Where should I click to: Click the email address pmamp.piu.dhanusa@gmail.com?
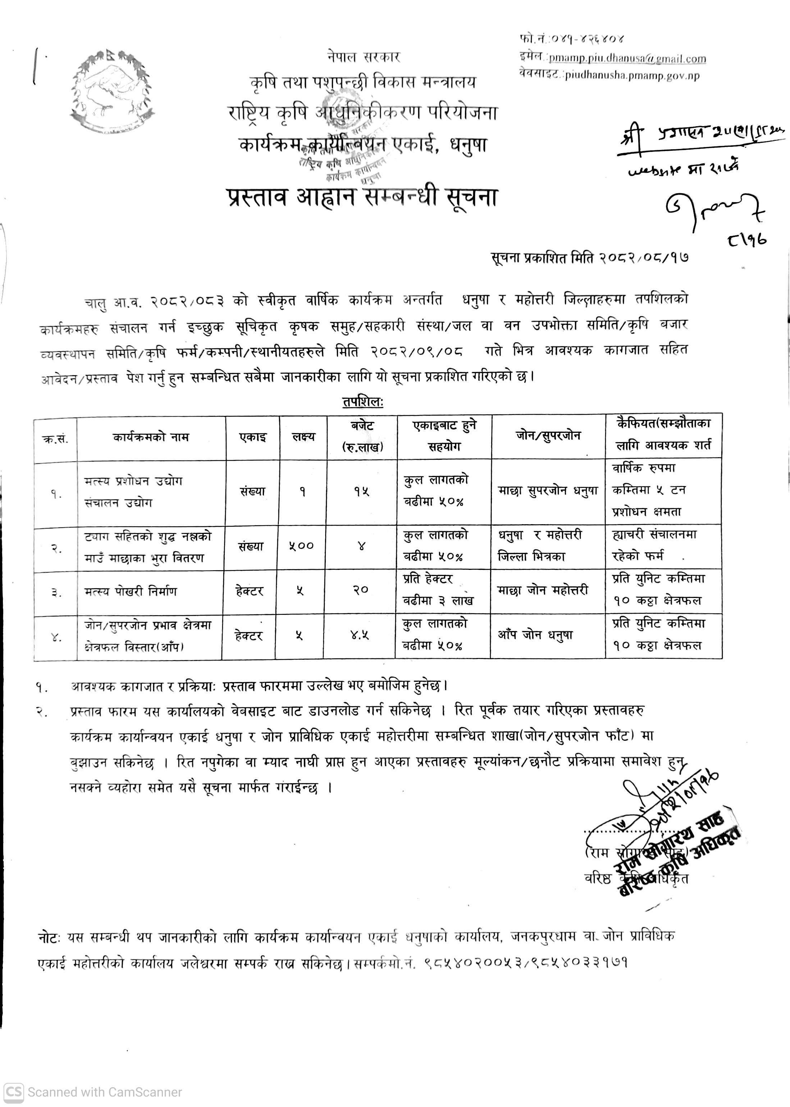click(x=627, y=59)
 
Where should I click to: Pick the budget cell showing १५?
click(x=361, y=492)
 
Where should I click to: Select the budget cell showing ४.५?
click(x=360, y=635)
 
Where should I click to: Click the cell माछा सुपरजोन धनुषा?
click(x=548, y=491)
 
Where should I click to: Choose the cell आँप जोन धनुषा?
click(x=535, y=635)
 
